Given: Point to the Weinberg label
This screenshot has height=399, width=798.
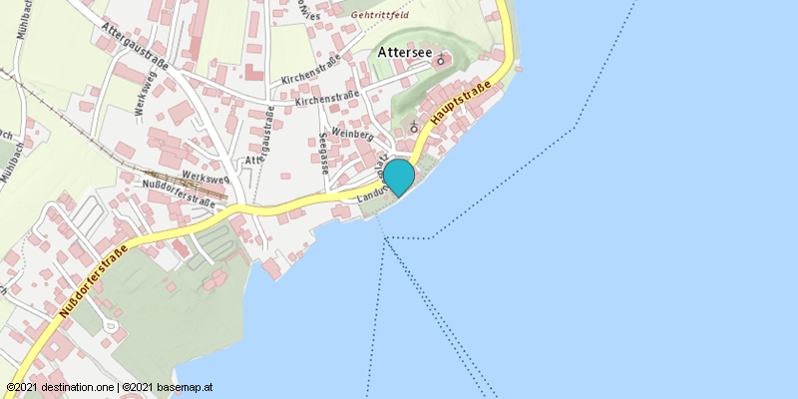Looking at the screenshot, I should (350, 133).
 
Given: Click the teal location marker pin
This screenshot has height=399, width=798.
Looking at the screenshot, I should (399, 177).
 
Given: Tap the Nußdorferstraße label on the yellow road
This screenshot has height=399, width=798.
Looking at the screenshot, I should (91, 281).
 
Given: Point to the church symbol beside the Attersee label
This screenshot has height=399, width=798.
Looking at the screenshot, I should (441, 59).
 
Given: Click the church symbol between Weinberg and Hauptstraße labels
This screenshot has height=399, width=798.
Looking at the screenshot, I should (414, 127).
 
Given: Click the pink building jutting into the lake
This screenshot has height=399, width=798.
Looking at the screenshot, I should (272, 267).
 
